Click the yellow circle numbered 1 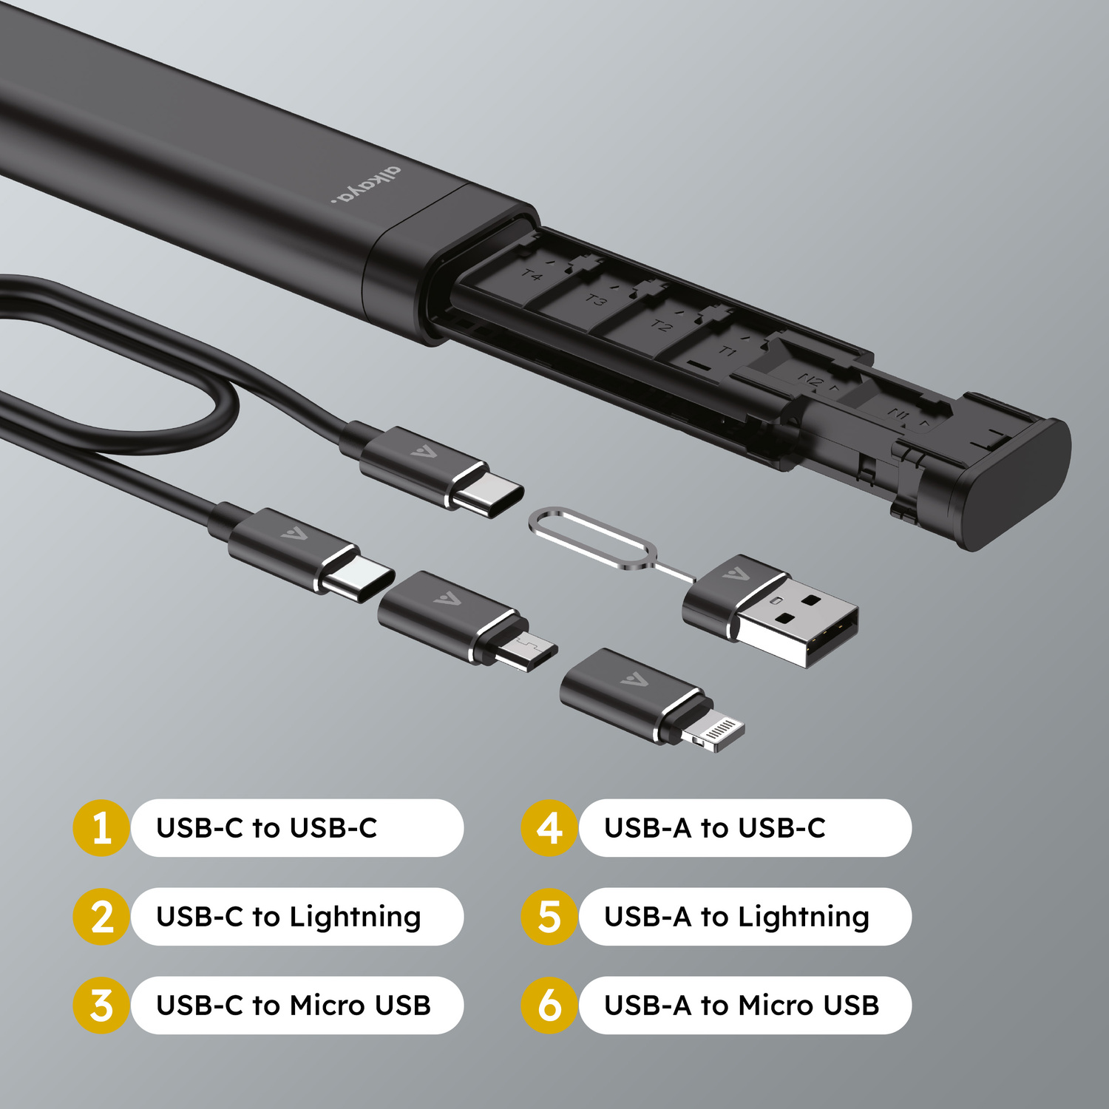[x=102, y=828]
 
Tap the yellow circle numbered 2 [x=102, y=917]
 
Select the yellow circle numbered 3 [x=102, y=1005]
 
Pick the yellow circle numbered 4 [x=549, y=828]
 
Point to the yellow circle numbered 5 [x=549, y=917]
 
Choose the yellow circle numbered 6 [x=549, y=1005]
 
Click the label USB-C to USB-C [x=267, y=828]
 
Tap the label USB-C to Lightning [x=288, y=917]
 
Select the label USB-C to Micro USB [x=294, y=1005]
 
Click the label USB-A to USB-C [x=715, y=828]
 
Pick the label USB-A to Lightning [x=736, y=917]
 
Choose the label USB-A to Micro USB [x=742, y=1005]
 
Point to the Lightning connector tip [x=713, y=733]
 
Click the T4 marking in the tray [x=532, y=276]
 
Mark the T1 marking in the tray [x=728, y=351]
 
